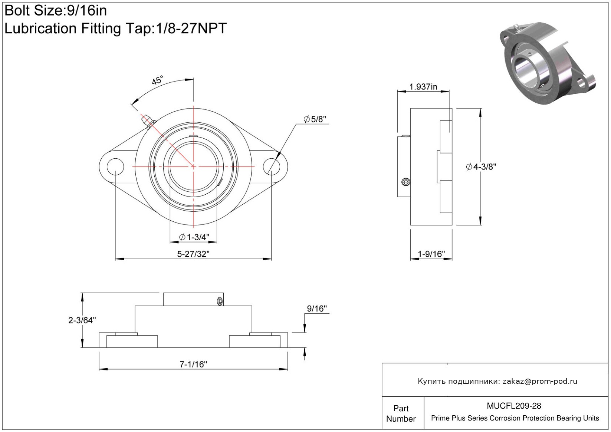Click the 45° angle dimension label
(157, 80)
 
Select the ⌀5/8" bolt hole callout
(315, 119)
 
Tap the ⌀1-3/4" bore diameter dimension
(194, 237)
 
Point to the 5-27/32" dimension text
(193, 254)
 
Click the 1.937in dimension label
(423, 87)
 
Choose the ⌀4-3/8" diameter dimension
(481, 166)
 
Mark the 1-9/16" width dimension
(431, 254)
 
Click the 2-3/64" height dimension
(82, 320)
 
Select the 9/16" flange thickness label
(317, 309)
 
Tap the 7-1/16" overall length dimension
(193, 364)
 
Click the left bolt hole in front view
(115, 166)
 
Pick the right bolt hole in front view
(272, 166)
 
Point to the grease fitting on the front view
(148, 121)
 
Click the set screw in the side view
(406, 182)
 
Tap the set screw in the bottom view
(220, 301)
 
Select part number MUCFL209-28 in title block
(514, 406)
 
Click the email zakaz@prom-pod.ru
(540, 381)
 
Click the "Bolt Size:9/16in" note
(56, 11)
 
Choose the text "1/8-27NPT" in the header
(191, 28)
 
